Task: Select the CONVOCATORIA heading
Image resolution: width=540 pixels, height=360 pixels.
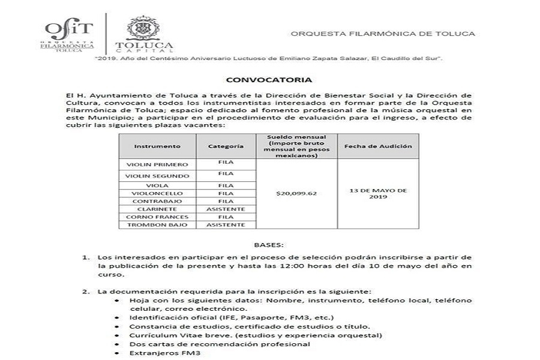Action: [x=269, y=79]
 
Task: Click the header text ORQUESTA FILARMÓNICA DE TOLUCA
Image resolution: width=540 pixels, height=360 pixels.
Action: [x=383, y=34]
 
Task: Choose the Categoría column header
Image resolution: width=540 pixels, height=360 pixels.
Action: [x=226, y=146]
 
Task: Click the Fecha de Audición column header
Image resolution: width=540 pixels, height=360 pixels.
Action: [x=378, y=146]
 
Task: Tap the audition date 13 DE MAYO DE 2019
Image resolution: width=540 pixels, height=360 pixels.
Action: [x=378, y=193]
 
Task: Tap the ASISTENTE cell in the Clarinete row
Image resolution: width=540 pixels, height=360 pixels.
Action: [x=226, y=209]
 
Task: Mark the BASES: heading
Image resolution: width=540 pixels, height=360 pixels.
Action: [x=269, y=245]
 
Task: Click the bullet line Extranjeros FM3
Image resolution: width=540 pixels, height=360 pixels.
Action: [x=158, y=353]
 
